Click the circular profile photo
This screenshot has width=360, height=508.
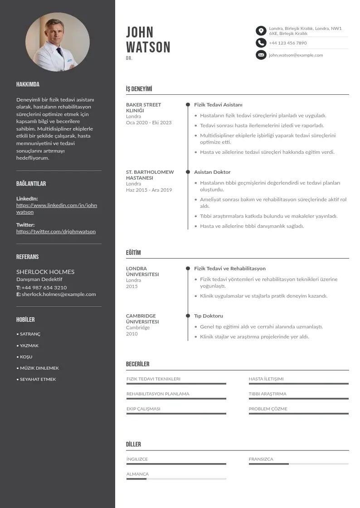(58, 42)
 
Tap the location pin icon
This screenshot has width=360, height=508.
(261, 31)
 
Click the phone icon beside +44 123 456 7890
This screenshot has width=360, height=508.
(261, 43)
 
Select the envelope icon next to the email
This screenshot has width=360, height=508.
(261, 55)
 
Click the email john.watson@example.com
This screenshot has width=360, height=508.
(296, 55)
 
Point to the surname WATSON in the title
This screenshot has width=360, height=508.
(148, 47)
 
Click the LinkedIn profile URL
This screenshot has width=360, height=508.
(57, 209)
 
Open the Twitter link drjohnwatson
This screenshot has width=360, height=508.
(56, 231)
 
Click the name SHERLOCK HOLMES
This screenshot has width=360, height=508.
(45, 272)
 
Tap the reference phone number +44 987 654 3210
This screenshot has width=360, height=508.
(44, 288)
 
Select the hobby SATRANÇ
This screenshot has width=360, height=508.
(30, 334)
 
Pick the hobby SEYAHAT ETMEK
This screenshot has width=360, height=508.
(38, 379)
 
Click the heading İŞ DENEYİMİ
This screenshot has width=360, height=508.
(139, 89)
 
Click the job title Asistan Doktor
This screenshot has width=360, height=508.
(212, 172)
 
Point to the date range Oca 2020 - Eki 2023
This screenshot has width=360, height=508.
(149, 123)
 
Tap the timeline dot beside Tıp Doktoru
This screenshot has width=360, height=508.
(188, 316)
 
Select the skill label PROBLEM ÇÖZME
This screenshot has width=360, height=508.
(268, 409)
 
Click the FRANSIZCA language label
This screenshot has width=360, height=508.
(261, 459)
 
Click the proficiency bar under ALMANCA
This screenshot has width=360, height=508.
(176, 479)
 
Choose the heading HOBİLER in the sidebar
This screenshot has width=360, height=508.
(25, 320)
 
